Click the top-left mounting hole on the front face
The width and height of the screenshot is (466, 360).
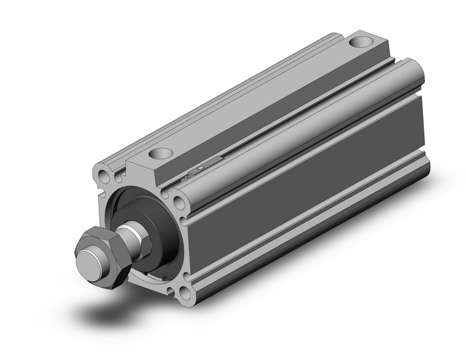tap(105, 177)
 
